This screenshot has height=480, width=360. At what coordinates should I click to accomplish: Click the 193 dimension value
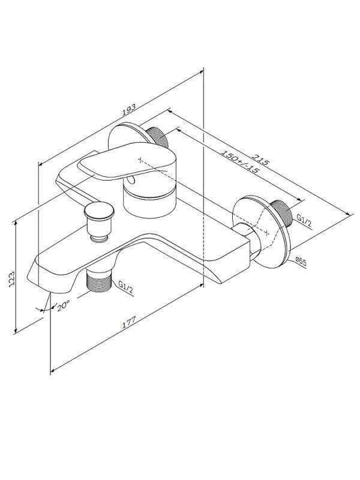coord(128,110)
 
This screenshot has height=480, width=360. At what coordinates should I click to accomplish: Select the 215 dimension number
coord(260,158)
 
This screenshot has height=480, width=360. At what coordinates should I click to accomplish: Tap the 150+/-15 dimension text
coord(239,161)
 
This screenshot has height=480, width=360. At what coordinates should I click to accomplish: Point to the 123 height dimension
coord(11,278)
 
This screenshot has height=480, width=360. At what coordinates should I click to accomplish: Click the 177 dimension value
coord(129,322)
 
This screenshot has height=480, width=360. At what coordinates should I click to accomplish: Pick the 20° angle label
coord(64,305)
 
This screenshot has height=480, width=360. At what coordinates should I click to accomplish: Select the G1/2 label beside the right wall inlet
coord(304,221)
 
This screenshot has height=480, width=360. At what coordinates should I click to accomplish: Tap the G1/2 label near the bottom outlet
coord(126,288)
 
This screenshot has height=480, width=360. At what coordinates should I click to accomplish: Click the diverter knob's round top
coord(99,211)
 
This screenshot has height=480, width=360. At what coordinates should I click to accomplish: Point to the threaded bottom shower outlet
coord(98,280)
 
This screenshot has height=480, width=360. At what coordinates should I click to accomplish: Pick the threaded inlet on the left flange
coord(157,136)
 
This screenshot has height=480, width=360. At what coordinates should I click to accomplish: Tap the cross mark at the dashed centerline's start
coord(140,160)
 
